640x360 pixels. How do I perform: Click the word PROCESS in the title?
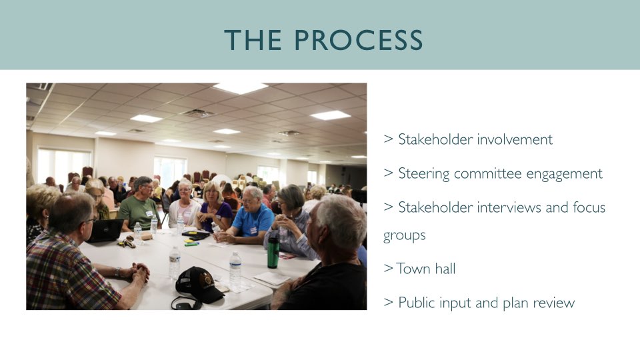(359, 40)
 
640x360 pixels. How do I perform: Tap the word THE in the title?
(253, 40)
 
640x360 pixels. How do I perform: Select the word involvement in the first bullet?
(514, 139)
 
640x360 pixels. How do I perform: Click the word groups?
(404, 236)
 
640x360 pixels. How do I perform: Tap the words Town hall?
(426, 269)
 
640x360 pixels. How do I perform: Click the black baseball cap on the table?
(200, 285)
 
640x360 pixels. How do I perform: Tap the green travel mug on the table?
(273, 252)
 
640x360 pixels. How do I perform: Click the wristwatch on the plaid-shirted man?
(117, 272)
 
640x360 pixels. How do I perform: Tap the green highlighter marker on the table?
(191, 244)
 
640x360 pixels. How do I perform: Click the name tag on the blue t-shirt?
(253, 231)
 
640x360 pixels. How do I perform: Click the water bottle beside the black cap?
(235, 271)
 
